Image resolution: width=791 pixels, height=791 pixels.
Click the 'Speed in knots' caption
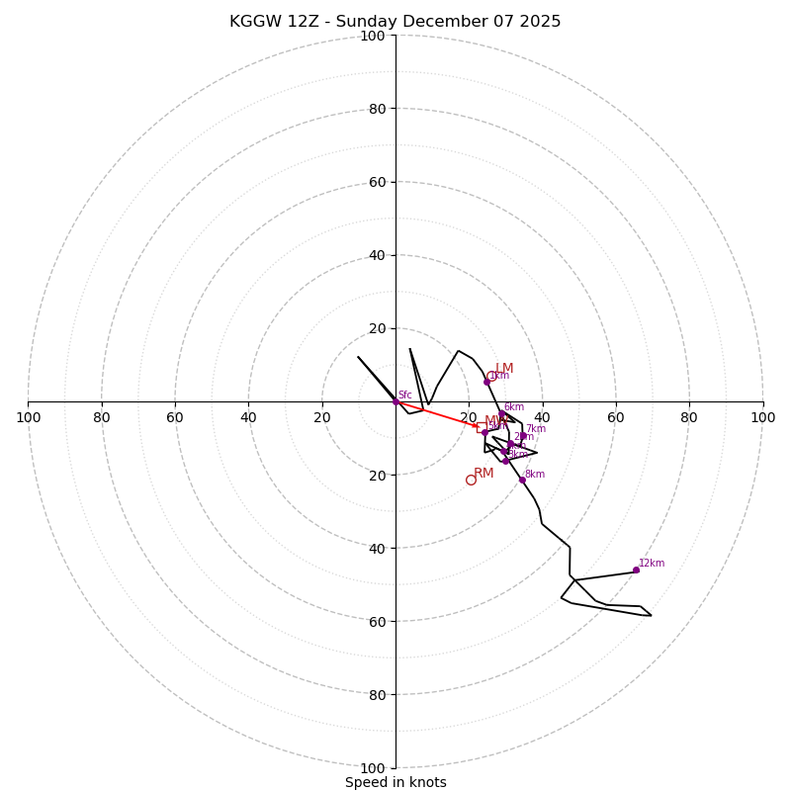[x=395, y=782]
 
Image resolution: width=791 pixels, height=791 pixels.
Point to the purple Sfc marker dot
[x=395, y=401]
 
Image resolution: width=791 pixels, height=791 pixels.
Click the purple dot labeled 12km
[x=636, y=570]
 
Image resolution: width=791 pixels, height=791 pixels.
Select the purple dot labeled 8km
[x=522, y=480]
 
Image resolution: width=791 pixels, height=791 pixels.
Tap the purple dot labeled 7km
[x=523, y=435]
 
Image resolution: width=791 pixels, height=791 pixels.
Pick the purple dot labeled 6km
[x=501, y=415]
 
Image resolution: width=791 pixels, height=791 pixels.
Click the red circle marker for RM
[x=471, y=480]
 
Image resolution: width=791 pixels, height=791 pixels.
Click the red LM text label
[x=504, y=369]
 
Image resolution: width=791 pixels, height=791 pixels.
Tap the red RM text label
[x=483, y=474]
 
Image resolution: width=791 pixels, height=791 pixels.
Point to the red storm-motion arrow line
[x=435, y=414]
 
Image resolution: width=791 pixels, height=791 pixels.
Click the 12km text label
[x=652, y=564]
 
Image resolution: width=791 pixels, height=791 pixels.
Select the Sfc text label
[x=405, y=395]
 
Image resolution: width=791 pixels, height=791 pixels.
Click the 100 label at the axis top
[x=373, y=36]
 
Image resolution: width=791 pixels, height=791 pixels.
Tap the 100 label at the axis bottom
[x=373, y=768]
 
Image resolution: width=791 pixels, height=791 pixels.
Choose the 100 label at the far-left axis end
[x=28, y=417]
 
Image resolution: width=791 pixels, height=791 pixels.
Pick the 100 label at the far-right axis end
[x=762, y=417]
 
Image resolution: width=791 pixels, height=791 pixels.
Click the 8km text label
[x=535, y=475]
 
